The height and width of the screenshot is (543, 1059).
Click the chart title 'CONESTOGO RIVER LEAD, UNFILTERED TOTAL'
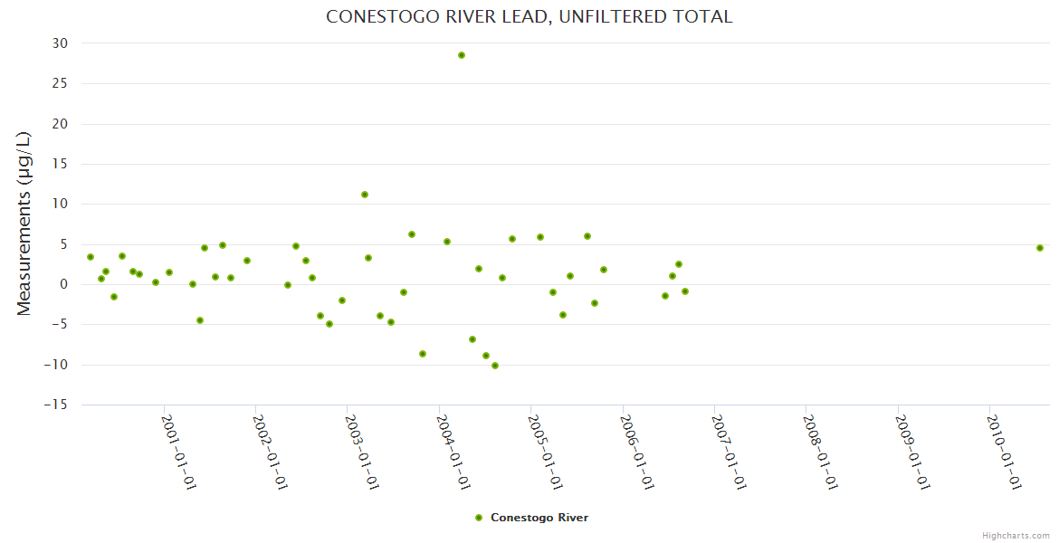pos(529,17)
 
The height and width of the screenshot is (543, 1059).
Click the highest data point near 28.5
pos(462,55)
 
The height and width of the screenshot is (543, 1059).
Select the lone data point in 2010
pos(1040,248)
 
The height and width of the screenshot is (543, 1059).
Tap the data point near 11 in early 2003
pos(365,195)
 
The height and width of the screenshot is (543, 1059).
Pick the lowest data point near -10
pos(495,366)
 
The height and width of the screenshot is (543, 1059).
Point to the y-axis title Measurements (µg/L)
pos(24,224)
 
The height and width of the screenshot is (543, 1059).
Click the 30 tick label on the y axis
pos(60,43)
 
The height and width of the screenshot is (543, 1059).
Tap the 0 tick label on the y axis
pos(64,284)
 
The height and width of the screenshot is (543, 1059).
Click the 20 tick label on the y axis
pos(60,124)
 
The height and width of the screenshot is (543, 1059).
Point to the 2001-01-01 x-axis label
pos(179,452)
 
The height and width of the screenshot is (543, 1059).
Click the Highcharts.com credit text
pos(1016,535)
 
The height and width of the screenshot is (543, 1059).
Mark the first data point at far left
pos(91,257)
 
